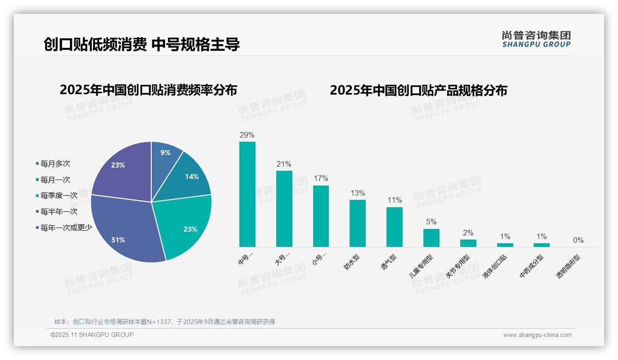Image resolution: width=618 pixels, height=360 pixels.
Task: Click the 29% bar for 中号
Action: tap(247, 194)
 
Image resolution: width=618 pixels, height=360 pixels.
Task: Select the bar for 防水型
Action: tap(357, 223)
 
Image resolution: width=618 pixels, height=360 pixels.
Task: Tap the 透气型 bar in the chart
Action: tap(394, 227)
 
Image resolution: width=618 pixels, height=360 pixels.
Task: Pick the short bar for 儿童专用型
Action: tap(431, 238)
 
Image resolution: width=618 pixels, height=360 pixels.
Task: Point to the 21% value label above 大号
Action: tap(284, 164)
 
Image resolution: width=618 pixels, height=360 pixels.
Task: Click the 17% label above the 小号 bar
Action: tap(321, 179)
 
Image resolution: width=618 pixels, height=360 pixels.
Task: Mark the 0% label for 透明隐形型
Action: tap(578, 240)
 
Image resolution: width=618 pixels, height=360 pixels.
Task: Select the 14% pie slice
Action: tap(189, 178)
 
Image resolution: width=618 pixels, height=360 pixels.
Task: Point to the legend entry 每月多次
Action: tap(55, 164)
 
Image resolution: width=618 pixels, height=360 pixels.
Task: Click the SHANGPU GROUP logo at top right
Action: tap(536, 39)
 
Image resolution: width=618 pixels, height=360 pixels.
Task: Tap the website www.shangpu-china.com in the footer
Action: tap(537, 335)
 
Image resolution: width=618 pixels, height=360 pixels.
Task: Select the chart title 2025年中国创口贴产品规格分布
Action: tap(418, 90)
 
